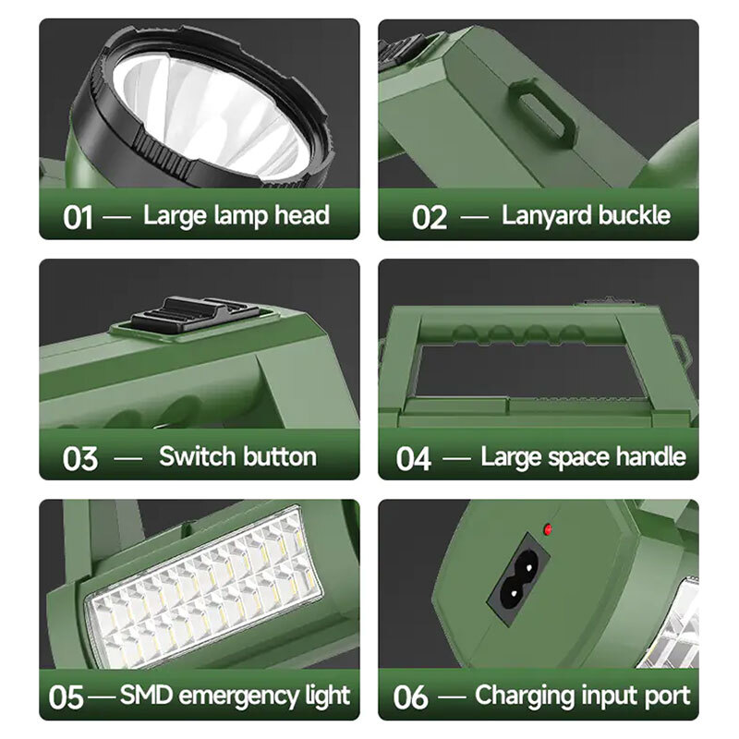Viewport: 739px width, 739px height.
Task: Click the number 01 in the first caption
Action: point(78,217)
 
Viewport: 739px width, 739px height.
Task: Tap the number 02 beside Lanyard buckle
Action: point(429,217)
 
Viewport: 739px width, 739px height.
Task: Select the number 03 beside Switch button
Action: point(80,458)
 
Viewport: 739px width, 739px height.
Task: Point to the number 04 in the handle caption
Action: point(413,458)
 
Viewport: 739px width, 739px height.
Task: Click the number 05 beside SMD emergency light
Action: point(66,697)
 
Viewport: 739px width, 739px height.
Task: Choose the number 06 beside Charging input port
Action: point(410,697)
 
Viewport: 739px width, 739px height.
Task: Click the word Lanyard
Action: point(539,216)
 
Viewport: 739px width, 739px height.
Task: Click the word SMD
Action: point(146,696)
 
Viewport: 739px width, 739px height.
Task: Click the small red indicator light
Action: point(548,529)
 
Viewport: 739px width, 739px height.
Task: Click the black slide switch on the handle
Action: point(195,312)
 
